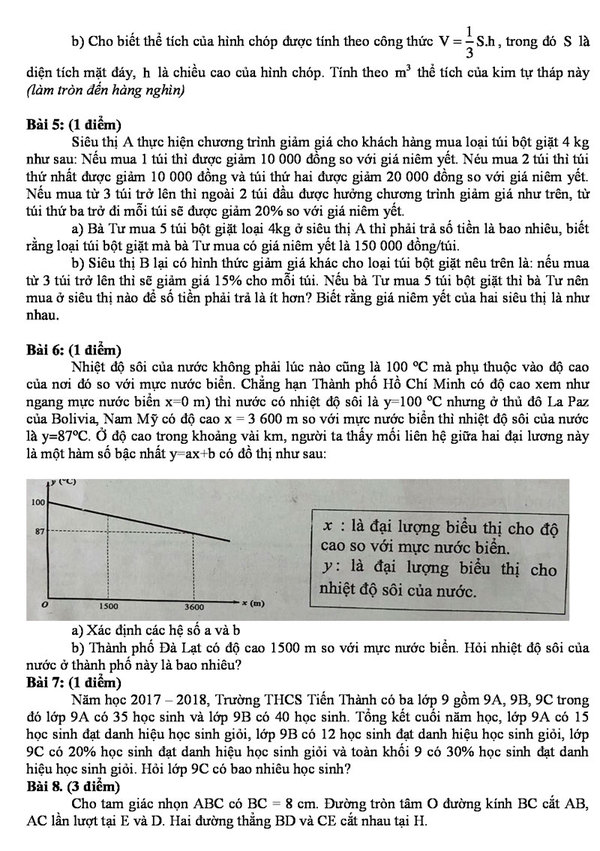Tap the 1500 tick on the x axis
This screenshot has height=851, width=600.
[110, 607]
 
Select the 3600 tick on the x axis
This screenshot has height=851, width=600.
[195, 607]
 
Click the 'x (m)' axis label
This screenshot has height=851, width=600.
[253, 604]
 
